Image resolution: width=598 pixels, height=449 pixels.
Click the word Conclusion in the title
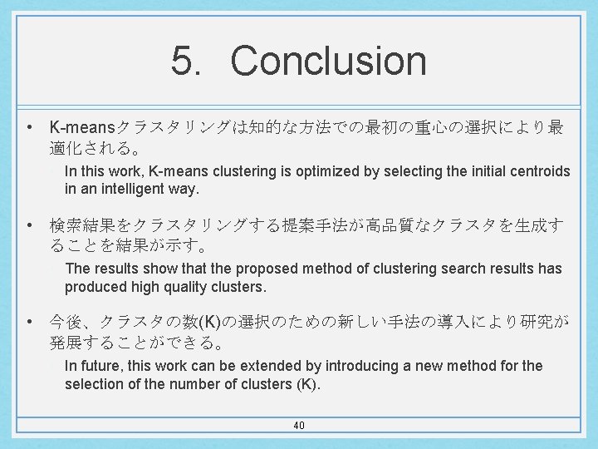coord(328,61)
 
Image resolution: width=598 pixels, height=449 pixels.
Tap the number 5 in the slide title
coord(184,61)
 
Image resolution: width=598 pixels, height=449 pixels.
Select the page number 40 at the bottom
coord(299,426)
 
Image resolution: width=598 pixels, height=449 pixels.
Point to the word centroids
coord(538,171)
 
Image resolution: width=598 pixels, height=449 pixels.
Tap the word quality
coord(187,286)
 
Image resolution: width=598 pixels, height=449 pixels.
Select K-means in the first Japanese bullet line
coord(82,128)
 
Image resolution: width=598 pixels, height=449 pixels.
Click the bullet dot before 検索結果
coord(29,225)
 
